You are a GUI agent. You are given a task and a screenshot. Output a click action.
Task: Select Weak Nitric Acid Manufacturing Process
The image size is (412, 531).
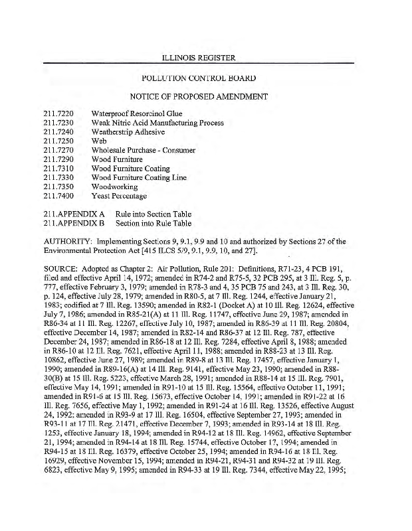(x=157, y=123)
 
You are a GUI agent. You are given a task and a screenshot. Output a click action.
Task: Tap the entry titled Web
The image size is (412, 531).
(x=99, y=141)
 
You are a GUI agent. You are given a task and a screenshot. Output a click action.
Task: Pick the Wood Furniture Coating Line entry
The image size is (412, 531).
(x=139, y=178)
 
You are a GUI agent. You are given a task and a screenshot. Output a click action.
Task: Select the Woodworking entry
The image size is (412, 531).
(x=115, y=187)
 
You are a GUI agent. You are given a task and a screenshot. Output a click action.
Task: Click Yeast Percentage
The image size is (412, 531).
(x=120, y=196)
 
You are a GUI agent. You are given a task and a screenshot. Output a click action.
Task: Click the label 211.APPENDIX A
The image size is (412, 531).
(x=74, y=214)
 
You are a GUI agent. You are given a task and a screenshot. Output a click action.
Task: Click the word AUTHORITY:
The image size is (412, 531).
(x=68, y=242)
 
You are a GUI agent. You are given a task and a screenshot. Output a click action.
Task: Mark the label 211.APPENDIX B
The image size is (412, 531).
(x=74, y=224)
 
